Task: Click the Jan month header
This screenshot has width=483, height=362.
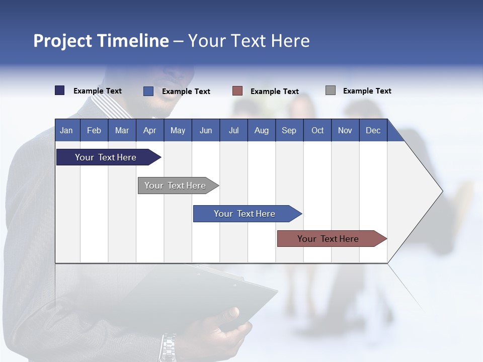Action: [x=66, y=130]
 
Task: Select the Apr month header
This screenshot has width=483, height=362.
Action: [x=149, y=130]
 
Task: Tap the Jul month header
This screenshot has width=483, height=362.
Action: [x=233, y=130]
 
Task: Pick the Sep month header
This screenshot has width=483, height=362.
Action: [x=289, y=130]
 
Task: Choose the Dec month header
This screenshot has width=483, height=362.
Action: [x=373, y=130]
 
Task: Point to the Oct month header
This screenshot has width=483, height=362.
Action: [x=317, y=130]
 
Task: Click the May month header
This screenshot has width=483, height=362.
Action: [x=178, y=130]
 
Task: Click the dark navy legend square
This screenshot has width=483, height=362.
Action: [x=60, y=90]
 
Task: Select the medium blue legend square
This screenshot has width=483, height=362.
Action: [x=148, y=91]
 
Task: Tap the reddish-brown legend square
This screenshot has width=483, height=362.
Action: [x=237, y=91]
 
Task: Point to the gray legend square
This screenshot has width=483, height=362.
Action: [x=331, y=90]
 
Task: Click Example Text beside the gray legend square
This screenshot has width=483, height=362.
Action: [x=367, y=91]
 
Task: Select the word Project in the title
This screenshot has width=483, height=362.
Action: [x=63, y=41]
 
